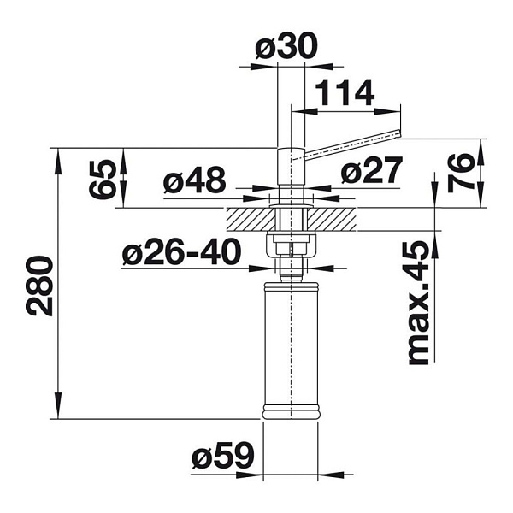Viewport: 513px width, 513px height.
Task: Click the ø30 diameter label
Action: (x=286, y=45)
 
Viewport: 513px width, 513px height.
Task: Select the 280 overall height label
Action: (x=39, y=286)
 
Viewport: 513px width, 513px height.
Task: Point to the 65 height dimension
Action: (x=103, y=180)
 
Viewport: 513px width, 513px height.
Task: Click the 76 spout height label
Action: (x=461, y=173)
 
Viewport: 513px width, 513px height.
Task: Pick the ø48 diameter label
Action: (x=195, y=180)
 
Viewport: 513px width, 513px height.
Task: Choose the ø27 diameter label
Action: (x=371, y=170)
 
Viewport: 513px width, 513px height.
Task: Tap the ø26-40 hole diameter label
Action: (x=181, y=251)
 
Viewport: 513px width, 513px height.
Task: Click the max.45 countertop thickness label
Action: (x=419, y=303)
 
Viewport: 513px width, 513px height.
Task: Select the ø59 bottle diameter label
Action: (x=223, y=455)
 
